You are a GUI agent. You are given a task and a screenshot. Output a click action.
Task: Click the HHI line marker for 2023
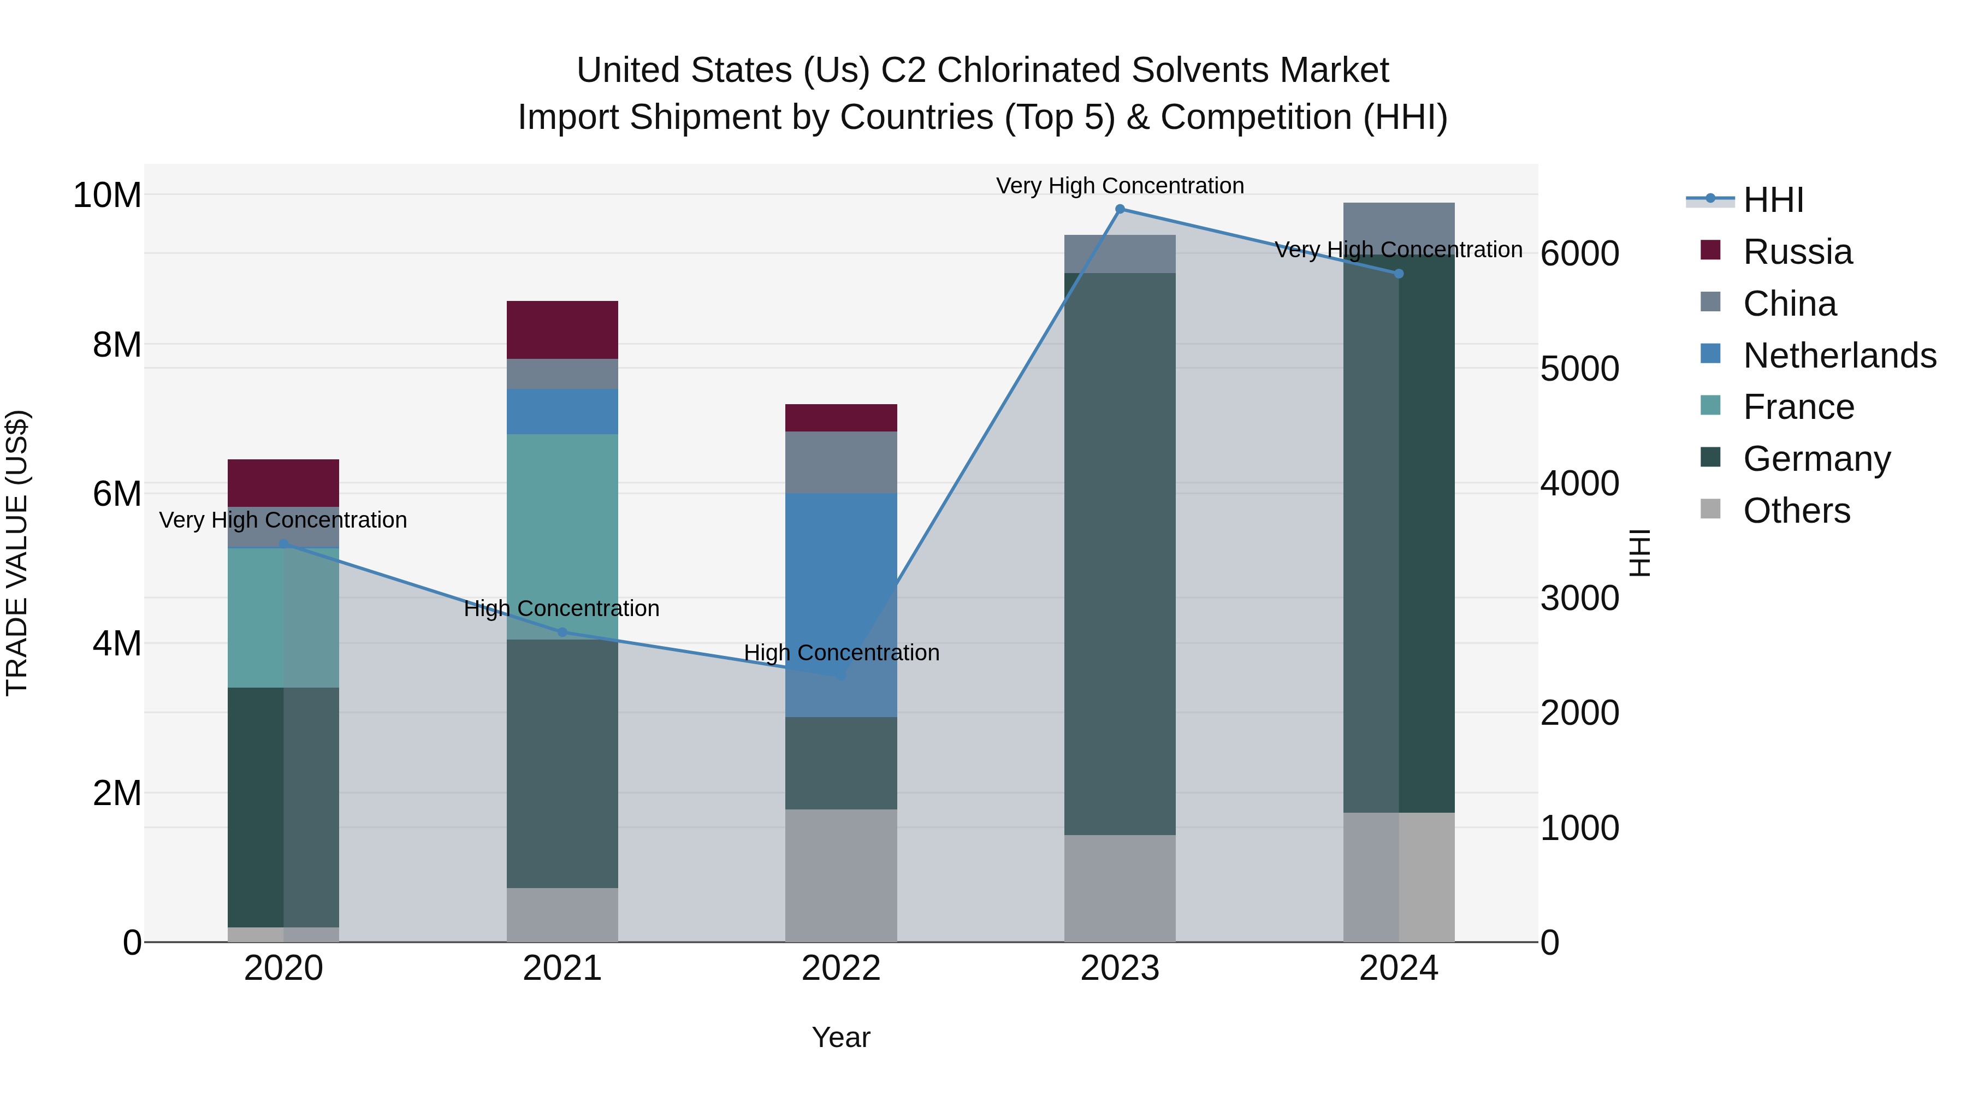[x=1120, y=209]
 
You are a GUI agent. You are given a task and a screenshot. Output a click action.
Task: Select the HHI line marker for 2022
[x=841, y=676]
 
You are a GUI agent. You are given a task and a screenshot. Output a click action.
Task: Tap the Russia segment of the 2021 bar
[x=562, y=330]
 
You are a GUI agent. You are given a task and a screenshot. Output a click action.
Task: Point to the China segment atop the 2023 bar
[x=1120, y=254]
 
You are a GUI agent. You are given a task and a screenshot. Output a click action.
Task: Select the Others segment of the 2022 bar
[x=841, y=876]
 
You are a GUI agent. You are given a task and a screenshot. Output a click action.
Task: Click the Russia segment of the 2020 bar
[x=283, y=482]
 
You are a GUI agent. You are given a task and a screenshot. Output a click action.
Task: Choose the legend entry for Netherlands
[x=1839, y=356]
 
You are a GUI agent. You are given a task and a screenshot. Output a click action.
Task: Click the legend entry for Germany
[x=1816, y=459]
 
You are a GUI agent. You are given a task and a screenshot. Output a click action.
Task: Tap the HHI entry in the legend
[x=1773, y=200]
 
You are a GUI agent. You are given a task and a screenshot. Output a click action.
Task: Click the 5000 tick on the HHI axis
[x=1579, y=369]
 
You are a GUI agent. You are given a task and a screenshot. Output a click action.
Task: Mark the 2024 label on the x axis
[x=1398, y=968]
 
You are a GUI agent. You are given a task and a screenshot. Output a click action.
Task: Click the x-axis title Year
[x=841, y=1037]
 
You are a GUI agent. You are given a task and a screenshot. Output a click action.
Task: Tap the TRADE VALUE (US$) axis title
[x=17, y=553]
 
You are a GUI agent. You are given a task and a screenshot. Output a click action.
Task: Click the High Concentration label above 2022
[x=841, y=653]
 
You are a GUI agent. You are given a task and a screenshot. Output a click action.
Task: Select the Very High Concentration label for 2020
[x=283, y=520]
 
